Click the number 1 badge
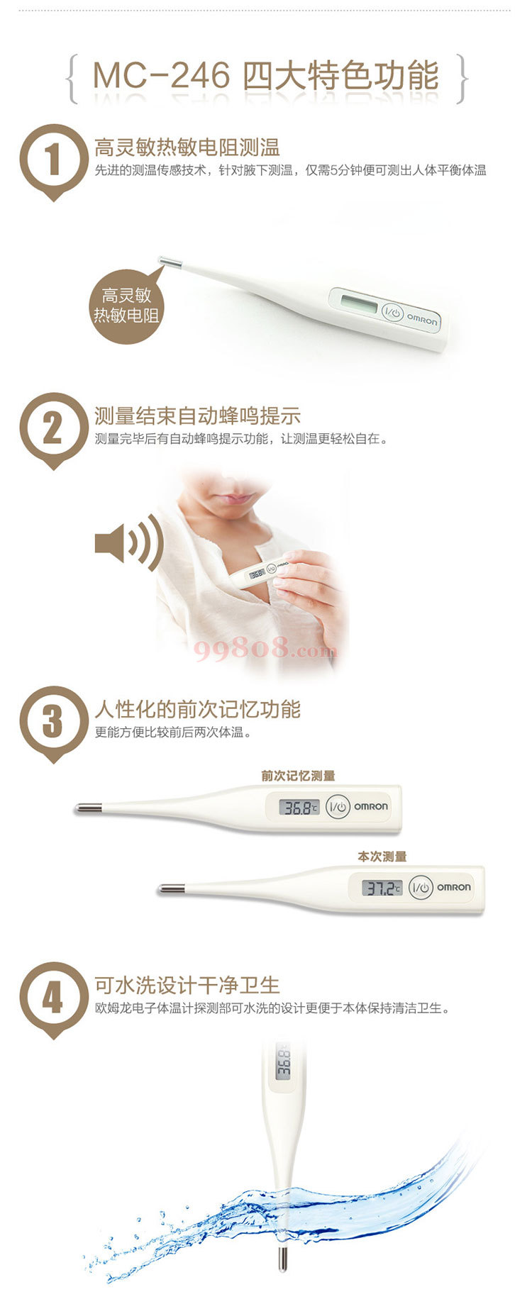click(x=53, y=160)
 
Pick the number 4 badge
click(x=53, y=999)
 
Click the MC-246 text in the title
click(x=161, y=76)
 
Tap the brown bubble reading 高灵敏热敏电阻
click(x=127, y=306)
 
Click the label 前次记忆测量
click(x=298, y=776)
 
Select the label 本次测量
click(x=382, y=857)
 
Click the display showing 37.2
click(x=382, y=888)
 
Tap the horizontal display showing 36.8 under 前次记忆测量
click(x=299, y=807)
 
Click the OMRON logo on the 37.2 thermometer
click(x=453, y=887)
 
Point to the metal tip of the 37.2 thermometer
click(x=172, y=888)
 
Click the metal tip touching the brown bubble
click(x=170, y=262)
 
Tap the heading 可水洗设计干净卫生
click(x=187, y=985)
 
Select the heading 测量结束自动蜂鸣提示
click(x=197, y=416)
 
